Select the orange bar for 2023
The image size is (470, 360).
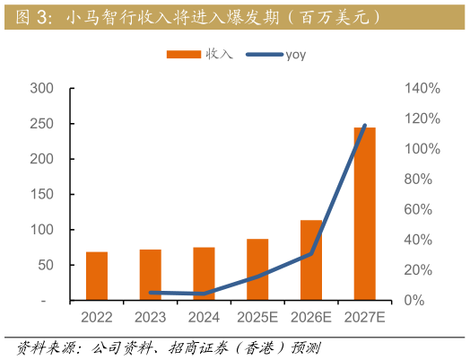click(x=150, y=274)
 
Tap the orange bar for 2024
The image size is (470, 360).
click(x=204, y=273)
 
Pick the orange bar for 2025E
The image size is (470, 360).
click(x=257, y=268)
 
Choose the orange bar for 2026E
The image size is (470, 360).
click(x=311, y=259)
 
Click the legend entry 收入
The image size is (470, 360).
click(x=199, y=55)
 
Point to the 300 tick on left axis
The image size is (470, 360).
click(x=42, y=89)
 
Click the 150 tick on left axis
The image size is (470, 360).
click(x=42, y=195)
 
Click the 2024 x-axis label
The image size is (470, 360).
click(x=204, y=317)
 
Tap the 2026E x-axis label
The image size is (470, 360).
click(x=311, y=317)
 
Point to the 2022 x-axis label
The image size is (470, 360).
click(x=96, y=317)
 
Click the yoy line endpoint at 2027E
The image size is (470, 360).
click(x=364, y=125)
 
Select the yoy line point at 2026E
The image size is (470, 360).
click(x=311, y=253)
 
